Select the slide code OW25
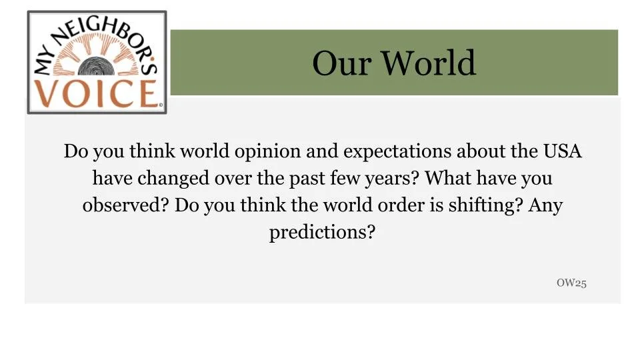coord(571,283)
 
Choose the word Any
coord(545,205)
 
